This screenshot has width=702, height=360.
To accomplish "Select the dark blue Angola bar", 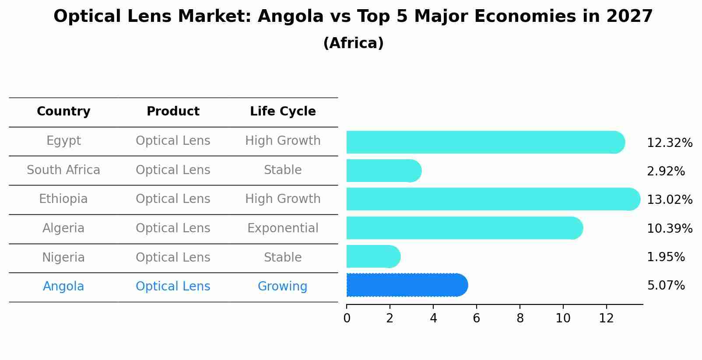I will point(407,285).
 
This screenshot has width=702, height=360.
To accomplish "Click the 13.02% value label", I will point(669,200).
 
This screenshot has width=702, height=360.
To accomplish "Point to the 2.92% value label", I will point(665,171).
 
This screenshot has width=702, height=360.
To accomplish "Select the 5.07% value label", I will point(665,286).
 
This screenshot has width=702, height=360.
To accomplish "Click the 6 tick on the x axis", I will point(477,318).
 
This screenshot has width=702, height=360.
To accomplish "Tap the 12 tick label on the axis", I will point(606,318).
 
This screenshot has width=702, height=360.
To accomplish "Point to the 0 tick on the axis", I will point(347,318).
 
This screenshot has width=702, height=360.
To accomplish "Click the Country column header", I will point(63,112).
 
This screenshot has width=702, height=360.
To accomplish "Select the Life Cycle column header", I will point(283,112).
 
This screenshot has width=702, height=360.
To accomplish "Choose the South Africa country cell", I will point(63,170).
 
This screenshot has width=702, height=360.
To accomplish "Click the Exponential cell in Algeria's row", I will point(283,228).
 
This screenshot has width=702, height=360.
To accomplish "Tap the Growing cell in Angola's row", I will point(282,287).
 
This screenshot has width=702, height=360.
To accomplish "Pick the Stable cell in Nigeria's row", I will point(283,258).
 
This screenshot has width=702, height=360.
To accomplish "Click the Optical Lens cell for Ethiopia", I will point(173,199).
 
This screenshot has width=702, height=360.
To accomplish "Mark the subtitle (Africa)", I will point(353,43).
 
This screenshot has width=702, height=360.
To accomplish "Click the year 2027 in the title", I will point(629,17).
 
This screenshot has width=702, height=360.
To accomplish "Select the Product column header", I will point(173,112).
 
